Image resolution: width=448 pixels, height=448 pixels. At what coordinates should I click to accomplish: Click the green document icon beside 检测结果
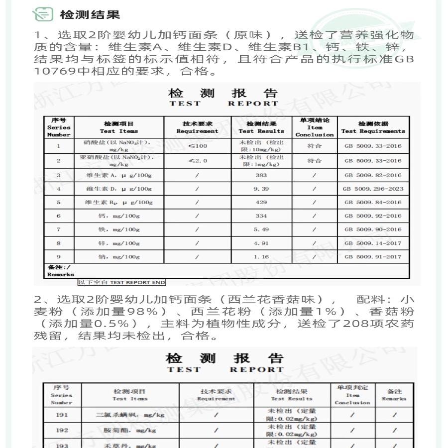click(43, 14)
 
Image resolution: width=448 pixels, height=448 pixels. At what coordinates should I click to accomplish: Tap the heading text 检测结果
click(90, 14)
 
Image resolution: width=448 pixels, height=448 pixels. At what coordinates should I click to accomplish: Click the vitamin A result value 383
click(261, 175)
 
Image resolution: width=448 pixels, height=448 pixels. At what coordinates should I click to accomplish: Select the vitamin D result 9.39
click(261, 189)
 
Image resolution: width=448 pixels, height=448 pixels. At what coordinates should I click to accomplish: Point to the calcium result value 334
click(261, 216)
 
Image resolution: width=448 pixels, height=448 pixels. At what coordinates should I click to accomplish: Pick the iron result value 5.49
click(261, 229)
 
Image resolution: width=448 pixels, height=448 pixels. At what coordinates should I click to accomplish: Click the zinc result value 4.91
click(261, 243)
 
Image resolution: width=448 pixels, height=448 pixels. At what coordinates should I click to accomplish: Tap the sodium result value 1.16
click(261, 257)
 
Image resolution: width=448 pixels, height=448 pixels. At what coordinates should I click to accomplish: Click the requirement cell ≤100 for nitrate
click(197, 146)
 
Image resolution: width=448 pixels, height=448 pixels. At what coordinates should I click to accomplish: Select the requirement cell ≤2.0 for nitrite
click(197, 161)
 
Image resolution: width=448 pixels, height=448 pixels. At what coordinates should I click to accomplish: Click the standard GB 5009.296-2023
click(373, 189)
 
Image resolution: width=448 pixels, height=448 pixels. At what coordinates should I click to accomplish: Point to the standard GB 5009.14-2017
click(373, 243)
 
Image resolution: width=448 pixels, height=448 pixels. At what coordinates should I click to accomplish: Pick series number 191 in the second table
click(62, 415)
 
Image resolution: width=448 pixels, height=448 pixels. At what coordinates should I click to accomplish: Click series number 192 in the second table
click(62, 430)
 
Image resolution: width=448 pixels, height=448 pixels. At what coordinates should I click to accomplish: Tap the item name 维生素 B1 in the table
click(118, 203)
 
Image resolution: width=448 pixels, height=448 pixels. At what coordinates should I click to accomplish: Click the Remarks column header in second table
click(394, 395)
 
